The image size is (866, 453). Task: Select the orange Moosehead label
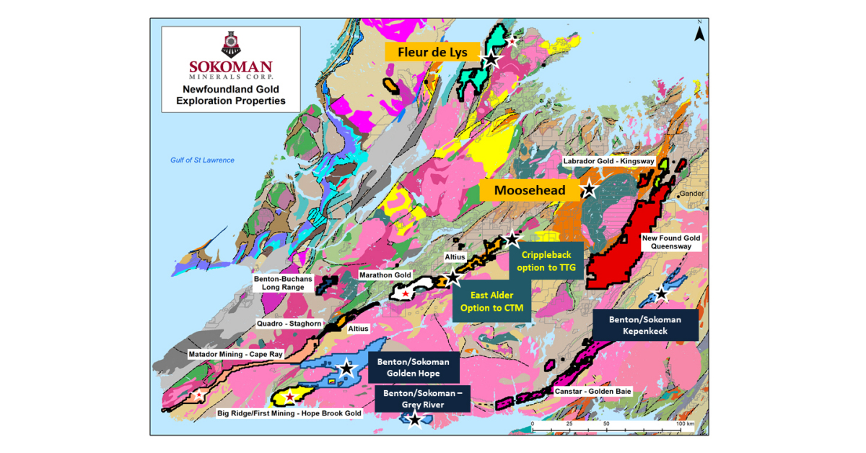point(530,191)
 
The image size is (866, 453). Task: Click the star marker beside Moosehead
point(589,190)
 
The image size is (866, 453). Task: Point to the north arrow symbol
point(699,32)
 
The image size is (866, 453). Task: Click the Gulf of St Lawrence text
point(197,160)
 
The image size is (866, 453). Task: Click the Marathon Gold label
point(385,275)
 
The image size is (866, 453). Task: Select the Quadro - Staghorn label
point(289,324)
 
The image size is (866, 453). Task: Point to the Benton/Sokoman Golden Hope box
point(413,367)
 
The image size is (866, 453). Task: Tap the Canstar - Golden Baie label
point(593,391)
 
